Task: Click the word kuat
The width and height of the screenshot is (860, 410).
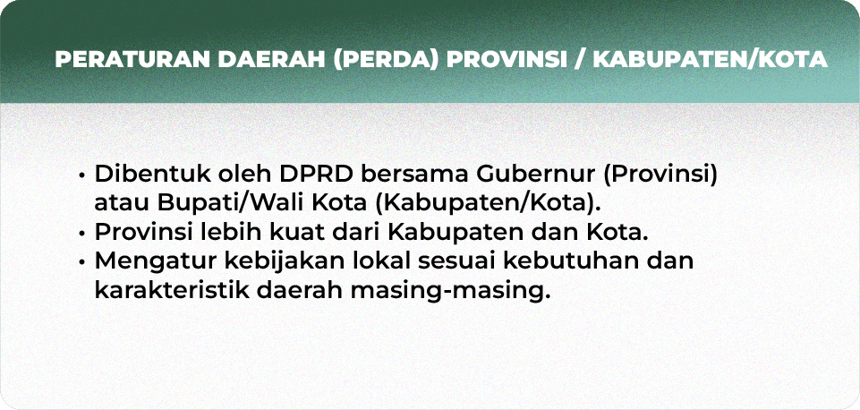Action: tap(298, 232)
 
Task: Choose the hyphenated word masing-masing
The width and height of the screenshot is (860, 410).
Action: tap(450, 291)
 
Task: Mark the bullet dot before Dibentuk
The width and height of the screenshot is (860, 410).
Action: tap(81, 175)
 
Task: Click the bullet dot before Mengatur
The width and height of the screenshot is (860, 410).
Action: tap(81, 262)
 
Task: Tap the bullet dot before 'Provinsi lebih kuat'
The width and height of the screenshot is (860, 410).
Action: tap(81, 234)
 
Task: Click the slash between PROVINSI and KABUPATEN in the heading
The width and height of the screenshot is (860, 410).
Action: tap(580, 60)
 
